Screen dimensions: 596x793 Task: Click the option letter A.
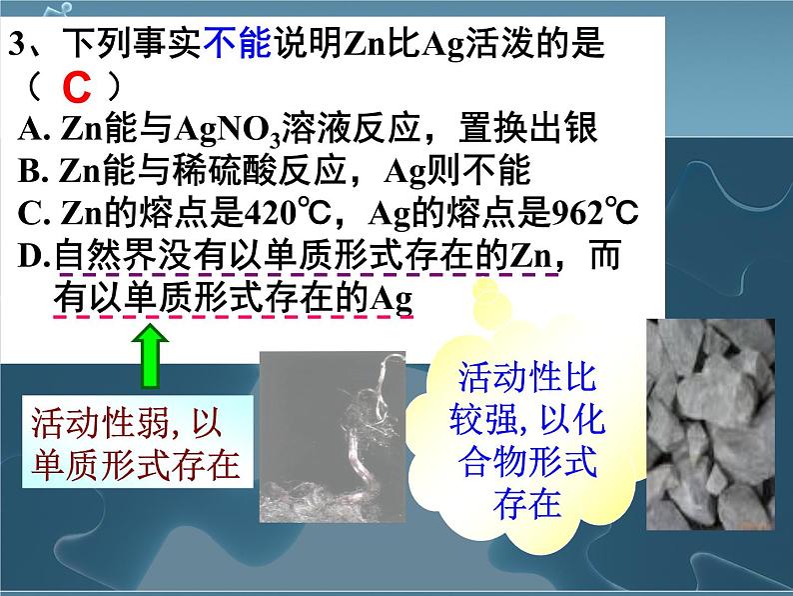pyautogui.click(x=28, y=130)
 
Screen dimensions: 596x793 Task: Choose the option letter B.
pyautogui.click(x=28, y=173)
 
